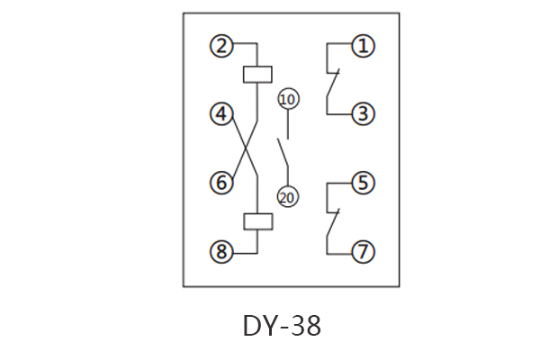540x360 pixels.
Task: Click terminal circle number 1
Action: click(363, 45)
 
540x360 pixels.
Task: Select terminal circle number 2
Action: click(221, 45)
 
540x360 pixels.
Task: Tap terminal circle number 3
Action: click(363, 114)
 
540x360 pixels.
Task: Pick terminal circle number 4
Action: click(221, 114)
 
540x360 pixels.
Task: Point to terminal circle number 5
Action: click(363, 184)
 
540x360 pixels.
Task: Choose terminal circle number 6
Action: click(221, 184)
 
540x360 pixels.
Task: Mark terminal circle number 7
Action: click(363, 252)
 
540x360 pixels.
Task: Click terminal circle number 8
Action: click(221, 252)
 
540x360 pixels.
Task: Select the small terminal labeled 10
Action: click(288, 99)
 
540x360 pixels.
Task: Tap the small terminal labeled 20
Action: click(288, 198)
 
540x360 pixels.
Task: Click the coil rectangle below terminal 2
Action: click(257, 74)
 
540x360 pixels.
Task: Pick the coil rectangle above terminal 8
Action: click(257, 220)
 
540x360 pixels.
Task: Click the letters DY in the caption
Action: click(260, 325)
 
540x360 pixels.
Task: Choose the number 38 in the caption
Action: click(306, 325)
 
